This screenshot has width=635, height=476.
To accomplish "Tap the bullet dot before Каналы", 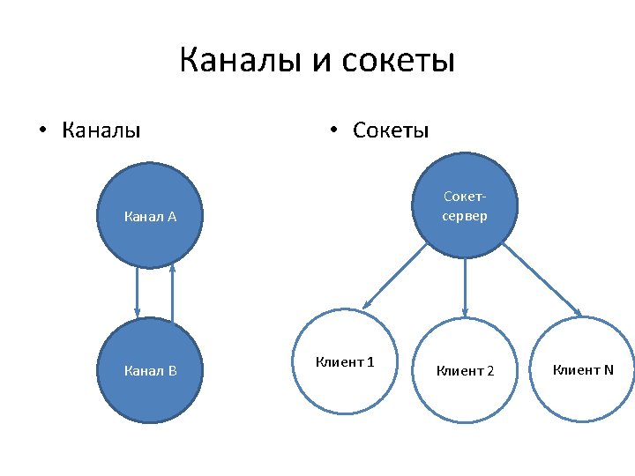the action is click(x=41, y=132).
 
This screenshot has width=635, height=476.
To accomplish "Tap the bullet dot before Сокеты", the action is click(x=332, y=132).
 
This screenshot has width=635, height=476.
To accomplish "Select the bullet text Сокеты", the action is click(x=391, y=131).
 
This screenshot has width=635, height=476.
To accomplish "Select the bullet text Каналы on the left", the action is click(x=101, y=131).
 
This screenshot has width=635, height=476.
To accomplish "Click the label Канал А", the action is click(x=151, y=217).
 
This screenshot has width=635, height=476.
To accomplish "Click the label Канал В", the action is click(x=151, y=370).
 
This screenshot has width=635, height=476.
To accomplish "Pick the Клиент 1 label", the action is click(x=345, y=361).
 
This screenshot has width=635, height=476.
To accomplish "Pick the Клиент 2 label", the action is click(x=466, y=371).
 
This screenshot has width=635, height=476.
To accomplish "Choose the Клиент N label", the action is click(x=583, y=369).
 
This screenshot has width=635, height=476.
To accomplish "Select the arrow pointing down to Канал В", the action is click(x=137, y=291).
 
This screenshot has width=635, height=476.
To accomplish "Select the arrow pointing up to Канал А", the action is click(x=173, y=291).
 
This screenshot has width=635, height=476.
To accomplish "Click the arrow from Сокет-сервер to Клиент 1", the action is click(x=394, y=276).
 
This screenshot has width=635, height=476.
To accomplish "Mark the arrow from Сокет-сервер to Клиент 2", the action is click(x=466, y=286).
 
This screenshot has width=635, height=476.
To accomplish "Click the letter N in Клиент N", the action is click(x=608, y=369).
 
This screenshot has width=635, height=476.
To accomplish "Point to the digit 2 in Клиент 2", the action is click(x=490, y=371).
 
